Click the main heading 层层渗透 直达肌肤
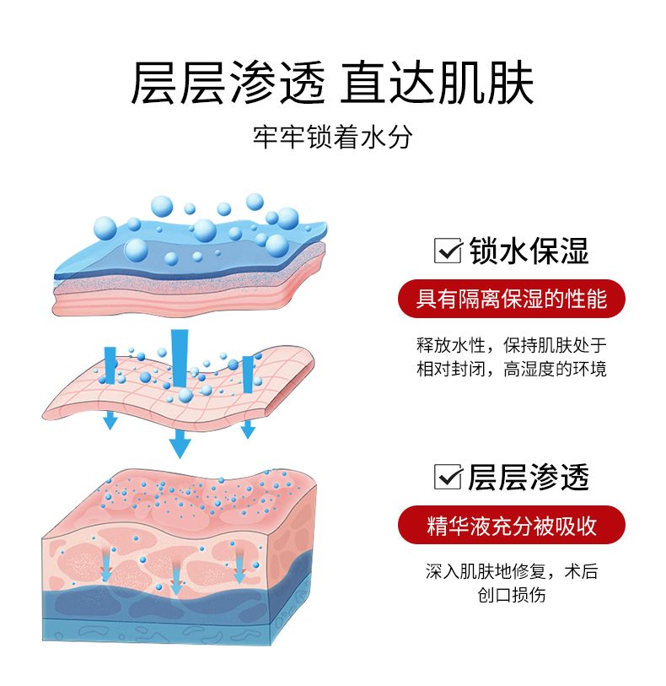(x=332, y=82)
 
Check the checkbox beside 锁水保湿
(x=445, y=251)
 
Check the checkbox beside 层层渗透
(x=445, y=477)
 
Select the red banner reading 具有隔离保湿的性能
(x=511, y=298)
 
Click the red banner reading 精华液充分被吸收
(x=511, y=525)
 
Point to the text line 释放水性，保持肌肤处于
(x=511, y=345)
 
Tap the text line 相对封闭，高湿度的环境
(x=511, y=369)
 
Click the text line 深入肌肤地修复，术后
(x=511, y=571)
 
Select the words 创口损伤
(x=511, y=595)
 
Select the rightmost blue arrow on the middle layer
(x=248, y=395)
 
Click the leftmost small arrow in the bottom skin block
(x=106, y=567)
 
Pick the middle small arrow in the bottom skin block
(x=176, y=574)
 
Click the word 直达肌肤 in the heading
(x=438, y=82)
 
